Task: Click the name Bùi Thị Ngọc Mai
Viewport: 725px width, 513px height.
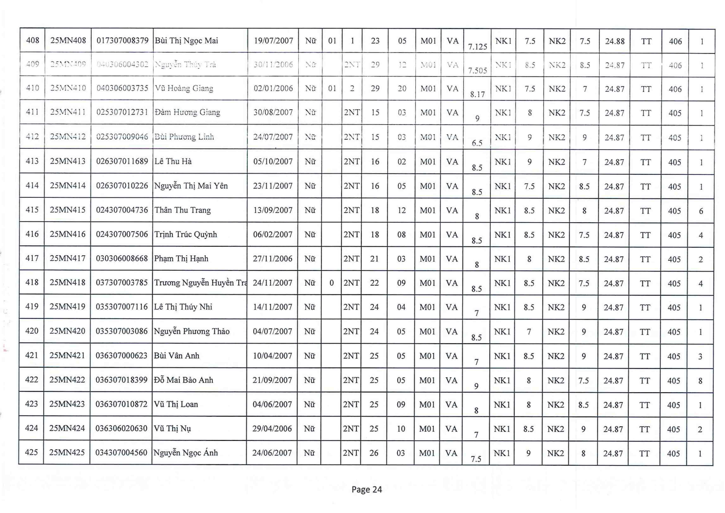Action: coord(186,41)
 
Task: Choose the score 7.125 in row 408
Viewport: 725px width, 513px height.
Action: coord(477,47)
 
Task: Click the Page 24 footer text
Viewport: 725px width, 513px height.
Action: coord(367,490)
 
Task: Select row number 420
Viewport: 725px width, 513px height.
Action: coord(32,331)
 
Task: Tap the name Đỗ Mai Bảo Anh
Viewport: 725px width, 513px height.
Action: coord(183,380)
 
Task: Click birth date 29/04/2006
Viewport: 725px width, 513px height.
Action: coord(272,429)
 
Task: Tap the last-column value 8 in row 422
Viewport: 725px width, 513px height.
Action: coord(700,381)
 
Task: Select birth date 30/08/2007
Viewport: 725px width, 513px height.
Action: coord(273,112)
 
